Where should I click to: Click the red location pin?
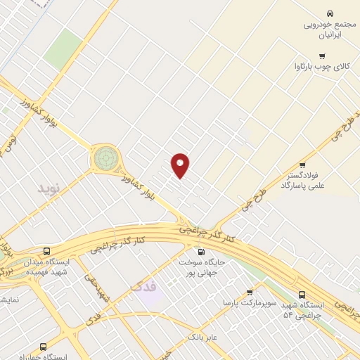coord(181,165)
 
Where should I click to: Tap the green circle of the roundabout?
coord(105,157)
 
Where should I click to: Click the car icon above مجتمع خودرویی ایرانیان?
coord(329,13)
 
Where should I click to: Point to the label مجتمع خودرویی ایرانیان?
coord(330,28)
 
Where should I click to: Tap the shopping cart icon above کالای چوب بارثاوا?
coord(322,56)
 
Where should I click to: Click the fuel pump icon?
coord(202,251)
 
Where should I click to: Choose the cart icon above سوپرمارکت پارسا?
coord(249,292)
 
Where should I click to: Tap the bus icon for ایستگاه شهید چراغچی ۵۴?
coord(302,295)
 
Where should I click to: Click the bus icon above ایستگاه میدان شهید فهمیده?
coord(46,251)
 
